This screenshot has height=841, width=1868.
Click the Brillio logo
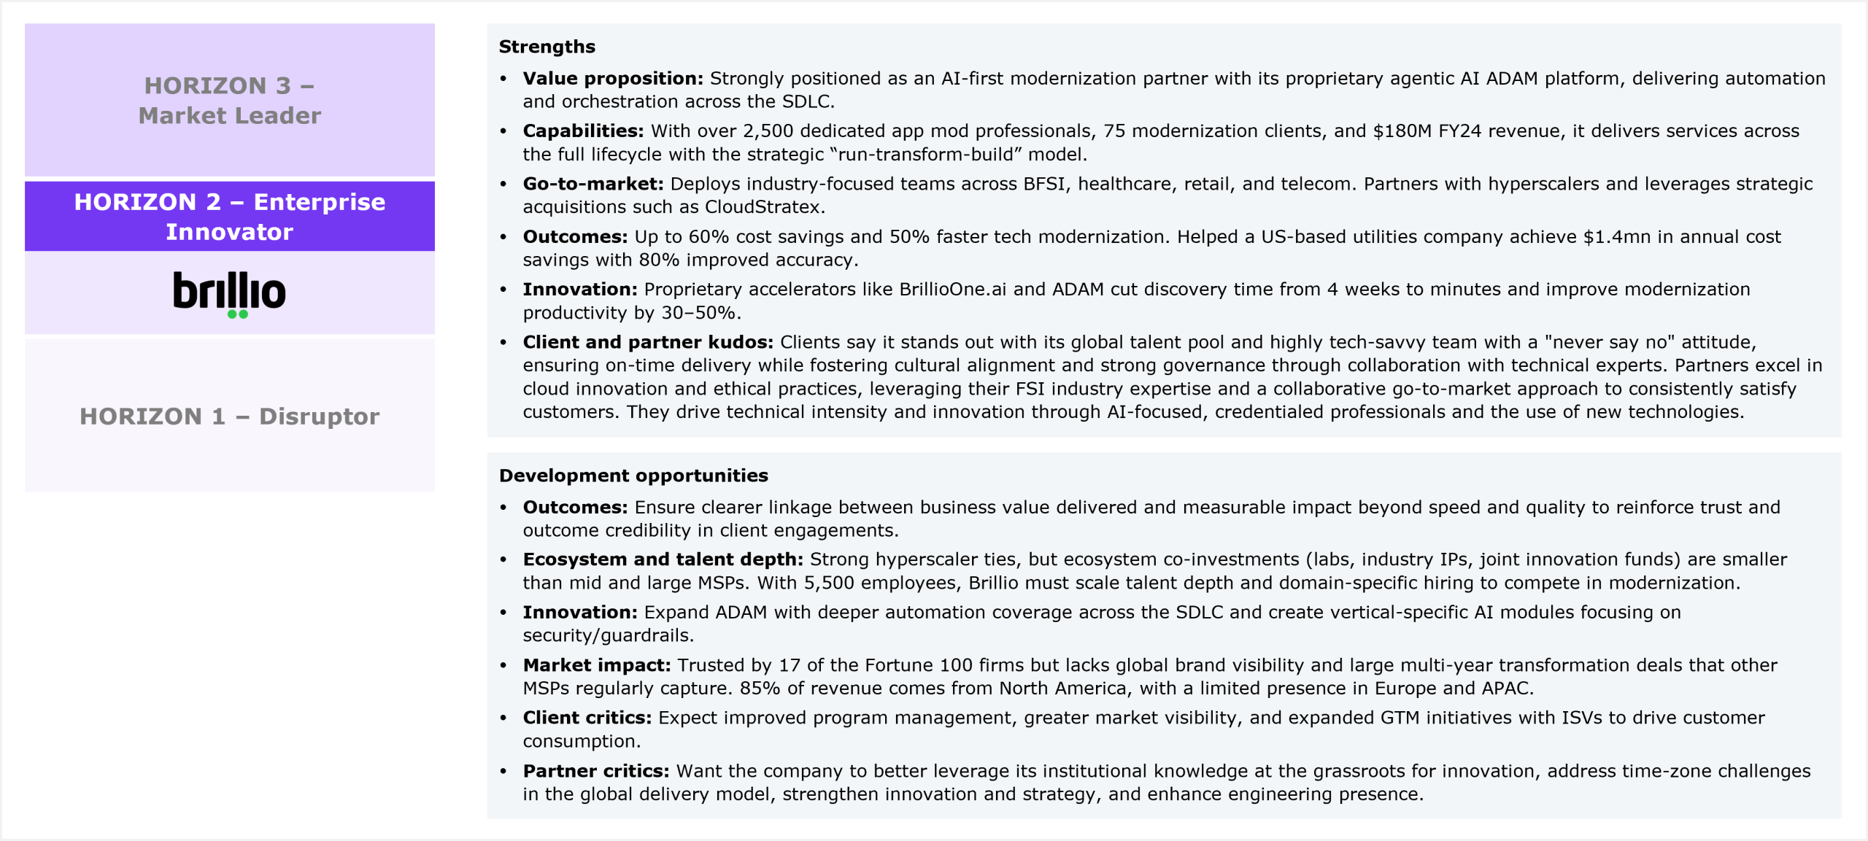tap(229, 293)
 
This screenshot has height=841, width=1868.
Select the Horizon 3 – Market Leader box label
tap(229, 100)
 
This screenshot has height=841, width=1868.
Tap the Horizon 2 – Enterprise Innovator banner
tap(229, 216)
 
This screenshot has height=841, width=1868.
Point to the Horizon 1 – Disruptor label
tap(229, 416)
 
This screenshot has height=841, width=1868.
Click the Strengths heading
tap(547, 47)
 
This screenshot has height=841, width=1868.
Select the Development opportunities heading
tap(633, 476)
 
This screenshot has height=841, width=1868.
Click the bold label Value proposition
tap(612, 78)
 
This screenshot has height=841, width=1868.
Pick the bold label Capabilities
tap(582, 131)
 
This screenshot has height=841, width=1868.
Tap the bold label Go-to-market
tap(593, 184)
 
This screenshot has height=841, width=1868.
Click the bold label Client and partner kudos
tap(647, 342)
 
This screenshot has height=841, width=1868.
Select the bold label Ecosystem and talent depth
tap(663, 559)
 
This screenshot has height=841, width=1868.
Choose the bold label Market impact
tap(596, 665)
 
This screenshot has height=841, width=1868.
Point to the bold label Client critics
tap(587, 718)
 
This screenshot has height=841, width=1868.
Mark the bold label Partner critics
tap(595, 771)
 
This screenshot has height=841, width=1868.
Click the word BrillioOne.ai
tap(952, 290)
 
